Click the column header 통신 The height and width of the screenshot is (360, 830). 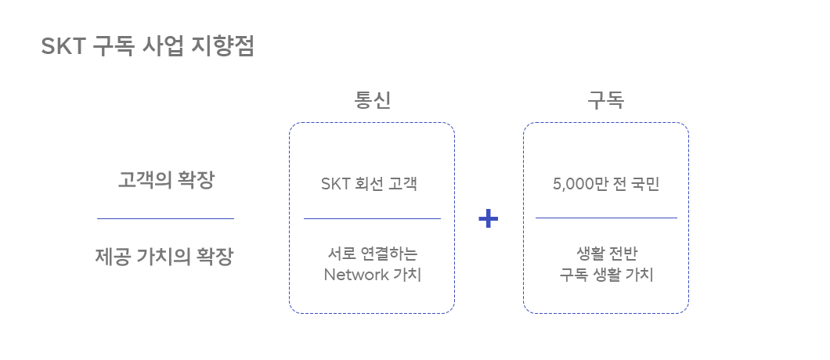(372, 101)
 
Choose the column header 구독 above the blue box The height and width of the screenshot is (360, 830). (605, 101)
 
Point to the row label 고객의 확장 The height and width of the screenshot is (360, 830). (165, 180)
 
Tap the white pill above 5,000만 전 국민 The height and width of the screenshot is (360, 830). (610, 162)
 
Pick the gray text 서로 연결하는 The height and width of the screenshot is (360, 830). (372, 254)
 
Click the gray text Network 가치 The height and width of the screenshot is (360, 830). (372, 275)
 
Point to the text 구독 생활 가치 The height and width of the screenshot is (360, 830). (606, 275)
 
